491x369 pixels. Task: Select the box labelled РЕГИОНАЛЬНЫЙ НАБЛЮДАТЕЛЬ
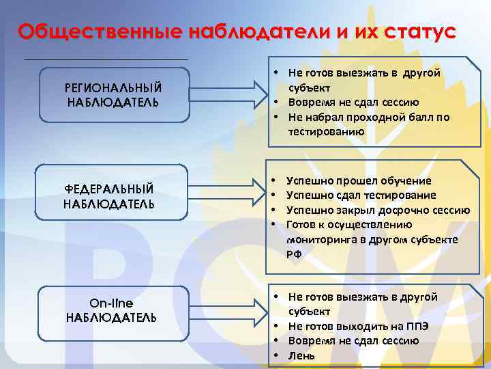(x=113, y=95)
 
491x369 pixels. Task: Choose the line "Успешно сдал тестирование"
(x=361, y=195)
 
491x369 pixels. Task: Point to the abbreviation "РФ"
(x=294, y=254)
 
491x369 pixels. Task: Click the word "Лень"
(x=301, y=355)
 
